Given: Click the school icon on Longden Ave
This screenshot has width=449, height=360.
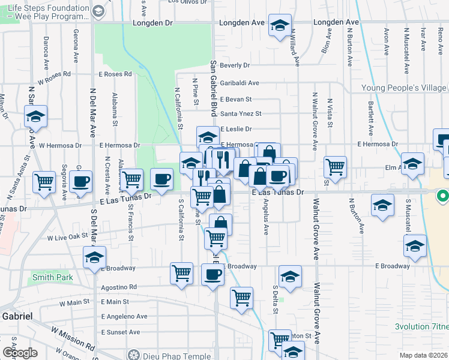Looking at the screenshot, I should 279,26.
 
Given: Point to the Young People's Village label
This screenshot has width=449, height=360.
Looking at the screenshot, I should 403,88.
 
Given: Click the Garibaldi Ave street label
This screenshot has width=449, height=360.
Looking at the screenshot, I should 239,83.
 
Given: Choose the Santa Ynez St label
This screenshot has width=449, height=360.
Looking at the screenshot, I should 241,113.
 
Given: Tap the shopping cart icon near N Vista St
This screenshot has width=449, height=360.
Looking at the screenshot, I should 335,166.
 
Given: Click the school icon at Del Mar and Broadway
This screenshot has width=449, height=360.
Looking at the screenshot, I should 95,257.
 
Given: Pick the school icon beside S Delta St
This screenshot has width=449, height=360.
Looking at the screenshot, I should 290,277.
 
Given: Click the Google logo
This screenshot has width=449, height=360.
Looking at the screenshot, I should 20,353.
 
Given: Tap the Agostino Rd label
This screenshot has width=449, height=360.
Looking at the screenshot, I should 119,287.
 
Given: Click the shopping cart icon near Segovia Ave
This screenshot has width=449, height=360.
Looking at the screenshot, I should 44,181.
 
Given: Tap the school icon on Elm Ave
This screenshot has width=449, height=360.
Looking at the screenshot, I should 412,163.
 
